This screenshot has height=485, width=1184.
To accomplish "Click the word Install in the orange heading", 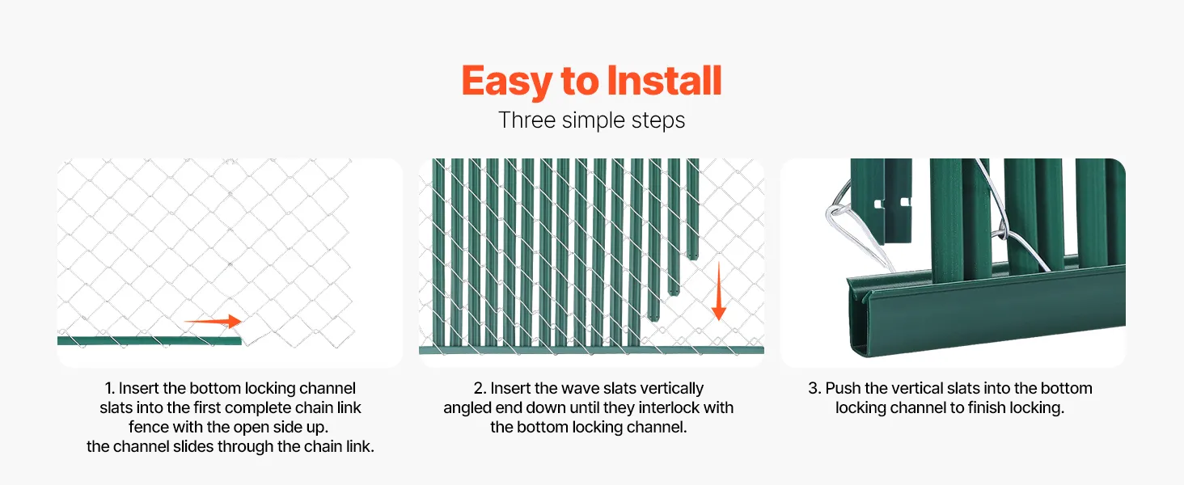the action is coord(665,80).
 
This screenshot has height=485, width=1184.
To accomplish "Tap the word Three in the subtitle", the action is coord(527,120).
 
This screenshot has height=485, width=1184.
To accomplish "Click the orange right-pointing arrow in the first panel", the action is coord(213,321).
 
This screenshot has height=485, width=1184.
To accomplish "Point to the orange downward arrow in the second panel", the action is coord(719,291).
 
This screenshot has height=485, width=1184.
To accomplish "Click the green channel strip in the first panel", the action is coord(150,341).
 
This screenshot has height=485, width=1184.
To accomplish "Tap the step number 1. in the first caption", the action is coord(110,388).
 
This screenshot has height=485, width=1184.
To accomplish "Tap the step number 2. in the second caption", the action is coord(480,388).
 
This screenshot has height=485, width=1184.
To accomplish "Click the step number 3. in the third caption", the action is coord(814,388).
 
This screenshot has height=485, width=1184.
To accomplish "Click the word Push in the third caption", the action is coord(843,388).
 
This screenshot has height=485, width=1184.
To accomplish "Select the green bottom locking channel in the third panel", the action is coord(987,313).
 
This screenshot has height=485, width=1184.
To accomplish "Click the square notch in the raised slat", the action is coord(879,204).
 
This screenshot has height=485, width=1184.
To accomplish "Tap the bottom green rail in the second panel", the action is coord(591,350).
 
